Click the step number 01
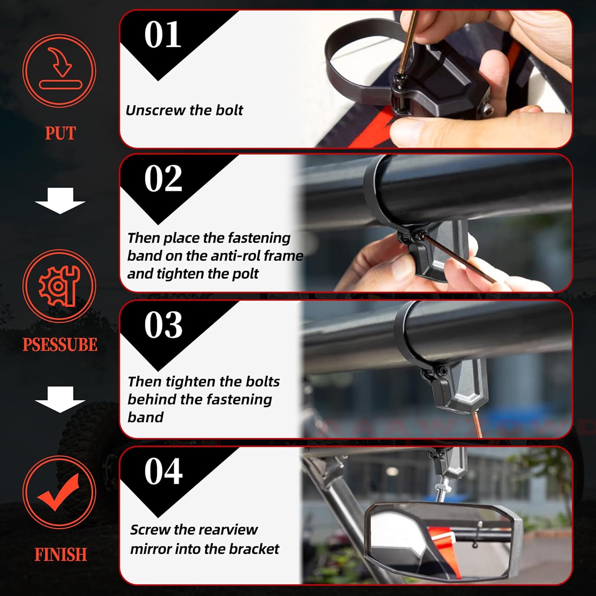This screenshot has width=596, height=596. pyautogui.click(x=163, y=35)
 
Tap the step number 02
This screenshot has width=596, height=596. pyautogui.click(x=163, y=179)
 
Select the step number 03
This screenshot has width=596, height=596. pyautogui.click(x=163, y=325)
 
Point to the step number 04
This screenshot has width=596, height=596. pyautogui.click(x=163, y=471)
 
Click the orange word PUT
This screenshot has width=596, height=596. pyautogui.click(x=60, y=134)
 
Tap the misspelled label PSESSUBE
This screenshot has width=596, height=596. pyautogui.click(x=60, y=344)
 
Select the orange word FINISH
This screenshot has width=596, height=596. pyautogui.click(x=60, y=555)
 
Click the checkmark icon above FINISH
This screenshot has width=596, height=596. pyautogui.click(x=59, y=492)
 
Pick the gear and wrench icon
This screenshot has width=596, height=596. pyautogui.click(x=59, y=286)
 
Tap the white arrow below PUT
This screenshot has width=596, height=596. pyautogui.click(x=60, y=201)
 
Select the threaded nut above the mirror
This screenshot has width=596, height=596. pyautogui.click(x=441, y=488)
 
